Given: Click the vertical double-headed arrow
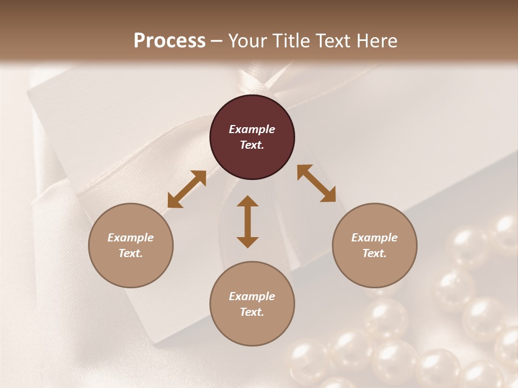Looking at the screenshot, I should coord(248,221).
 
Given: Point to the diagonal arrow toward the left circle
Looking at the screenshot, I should coord(187,189).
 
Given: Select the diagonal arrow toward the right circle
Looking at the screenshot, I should coord(316,183).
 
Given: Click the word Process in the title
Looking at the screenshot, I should coord(169,40).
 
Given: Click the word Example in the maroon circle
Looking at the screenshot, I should coord(252,129).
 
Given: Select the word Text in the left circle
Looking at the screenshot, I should coord(131,253).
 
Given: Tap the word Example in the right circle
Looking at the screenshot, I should coord(374,238).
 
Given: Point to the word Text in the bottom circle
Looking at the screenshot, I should coord(252,312).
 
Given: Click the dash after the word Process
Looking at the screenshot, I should coord(217,41).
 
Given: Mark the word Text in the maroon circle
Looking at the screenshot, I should coord(252,145).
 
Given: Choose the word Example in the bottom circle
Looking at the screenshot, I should coord(252,296).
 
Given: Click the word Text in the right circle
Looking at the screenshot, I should coord(374,253).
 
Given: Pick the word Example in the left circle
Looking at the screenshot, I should coord(131,238).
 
